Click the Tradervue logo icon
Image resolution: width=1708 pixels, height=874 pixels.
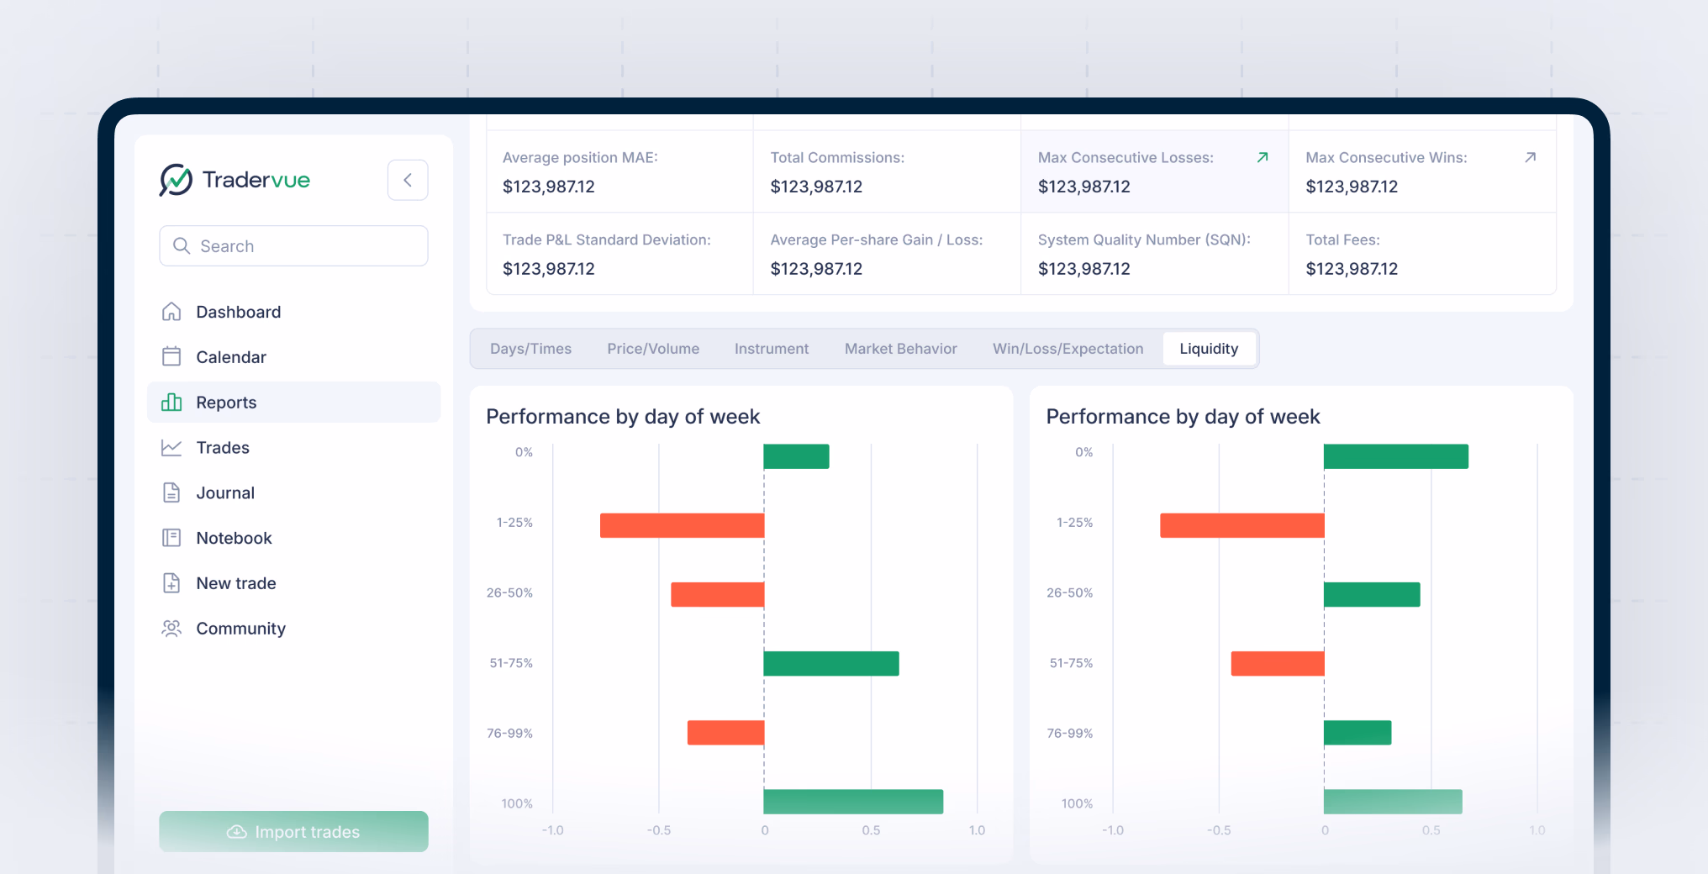(176, 180)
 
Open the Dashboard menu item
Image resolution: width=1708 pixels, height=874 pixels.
(238, 312)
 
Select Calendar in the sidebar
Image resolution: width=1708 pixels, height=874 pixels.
(230, 357)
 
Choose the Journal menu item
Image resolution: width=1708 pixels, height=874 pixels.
(224, 493)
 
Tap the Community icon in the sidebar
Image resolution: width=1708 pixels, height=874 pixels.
(171, 629)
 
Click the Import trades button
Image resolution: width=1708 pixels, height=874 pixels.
(293, 831)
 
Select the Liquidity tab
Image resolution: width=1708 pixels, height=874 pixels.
(1208, 349)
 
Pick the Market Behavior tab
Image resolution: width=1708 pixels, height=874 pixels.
(900, 349)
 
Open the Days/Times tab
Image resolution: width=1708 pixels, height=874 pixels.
(530, 349)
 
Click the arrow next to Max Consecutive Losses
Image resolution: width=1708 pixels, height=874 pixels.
(1262, 157)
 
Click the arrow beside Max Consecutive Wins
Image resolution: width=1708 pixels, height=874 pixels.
(1530, 157)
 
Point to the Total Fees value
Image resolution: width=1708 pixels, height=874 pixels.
(1351, 269)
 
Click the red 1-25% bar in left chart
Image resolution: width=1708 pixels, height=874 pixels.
(682, 525)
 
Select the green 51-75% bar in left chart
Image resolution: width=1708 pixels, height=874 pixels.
(830, 663)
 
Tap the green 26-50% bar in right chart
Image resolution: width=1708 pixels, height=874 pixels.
(1371, 594)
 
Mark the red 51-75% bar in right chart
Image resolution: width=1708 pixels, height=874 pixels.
(1277, 663)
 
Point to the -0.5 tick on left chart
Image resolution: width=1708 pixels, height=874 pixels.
(658, 830)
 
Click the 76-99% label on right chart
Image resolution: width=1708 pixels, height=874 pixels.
(1069, 734)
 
